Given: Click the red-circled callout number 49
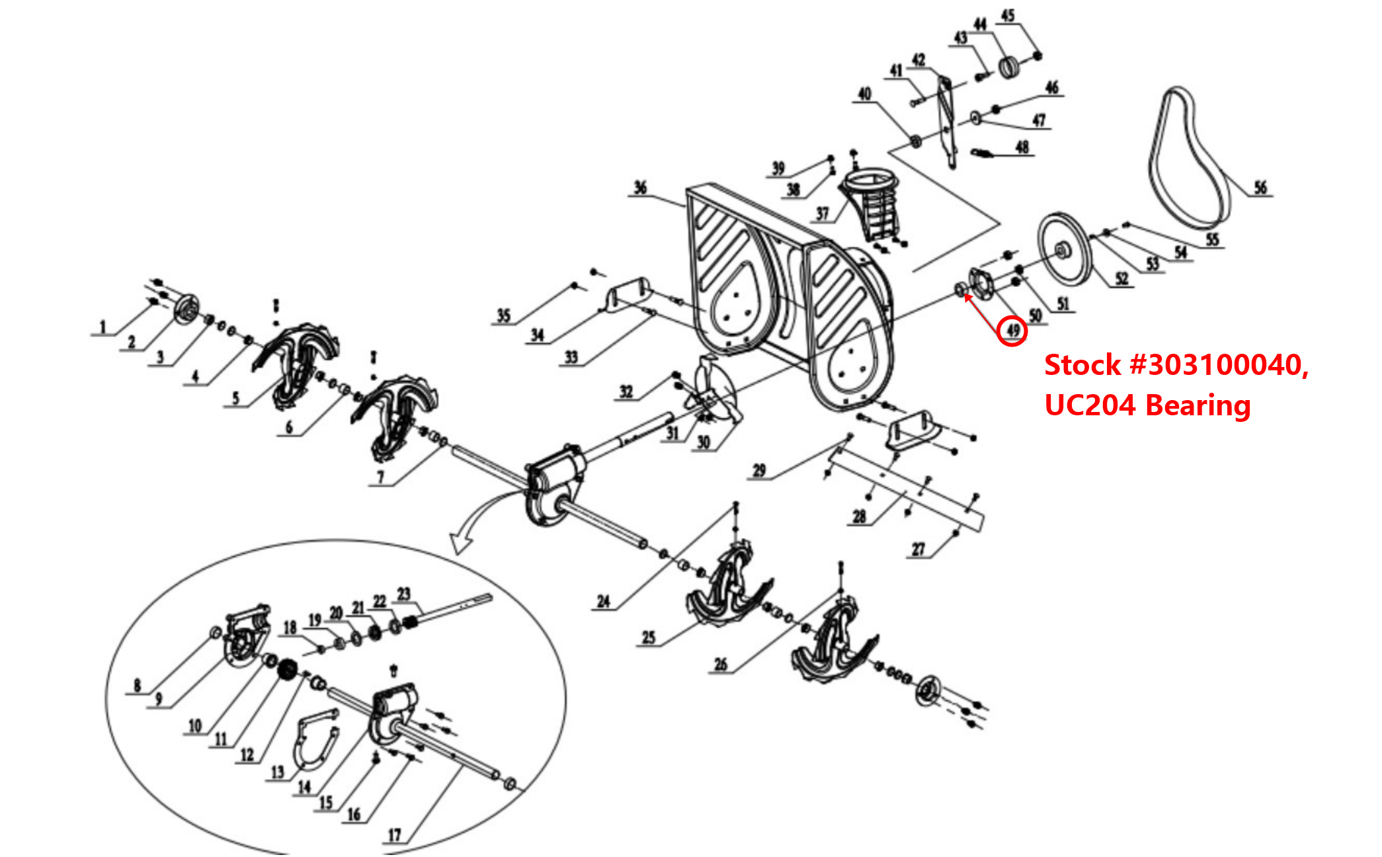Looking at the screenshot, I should [x=1012, y=330].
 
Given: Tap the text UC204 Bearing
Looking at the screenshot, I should [x=1147, y=405].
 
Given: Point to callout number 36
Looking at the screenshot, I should [x=639, y=188].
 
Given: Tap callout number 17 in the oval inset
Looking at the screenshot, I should [x=394, y=835].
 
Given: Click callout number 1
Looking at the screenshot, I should [x=102, y=327].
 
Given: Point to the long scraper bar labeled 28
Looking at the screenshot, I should [x=906, y=489].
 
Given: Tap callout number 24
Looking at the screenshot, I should [x=603, y=601].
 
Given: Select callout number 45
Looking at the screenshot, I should [x=1007, y=15].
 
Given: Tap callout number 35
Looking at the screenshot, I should [x=504, y=315].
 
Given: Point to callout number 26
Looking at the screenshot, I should [x=721, y=664].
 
